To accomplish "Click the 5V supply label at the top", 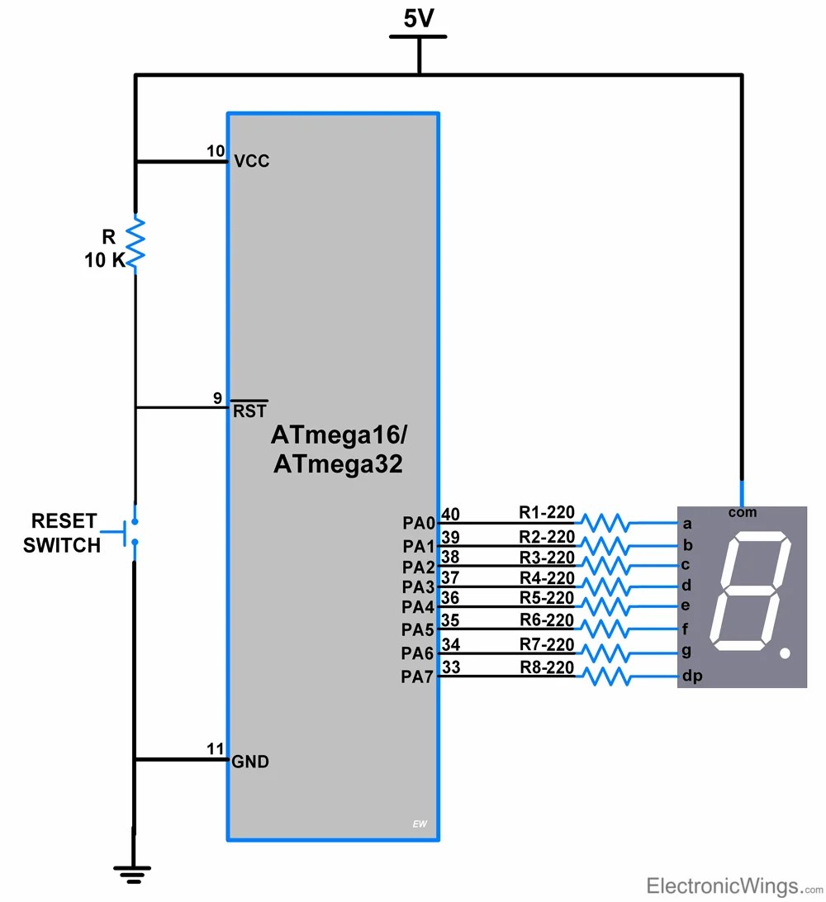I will coord(419,18).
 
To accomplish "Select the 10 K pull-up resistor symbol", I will coord(135,243).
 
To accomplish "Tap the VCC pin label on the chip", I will coord(252,161).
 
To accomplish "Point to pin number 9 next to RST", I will coord(217,398).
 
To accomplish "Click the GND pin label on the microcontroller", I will coord(250,762).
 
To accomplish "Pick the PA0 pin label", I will coord(419,524).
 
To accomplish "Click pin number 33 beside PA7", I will coord(451,667).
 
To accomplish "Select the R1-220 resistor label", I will coord(546,513).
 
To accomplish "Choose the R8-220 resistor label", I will coord(546,667).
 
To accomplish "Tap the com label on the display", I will coord(742,513).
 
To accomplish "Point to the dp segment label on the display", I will coord(691,676).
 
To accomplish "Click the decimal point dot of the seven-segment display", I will coord(785,653).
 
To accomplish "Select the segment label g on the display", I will coord(686,651).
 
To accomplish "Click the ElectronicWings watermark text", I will coord(723,886).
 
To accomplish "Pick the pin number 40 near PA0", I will coord(451,514).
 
